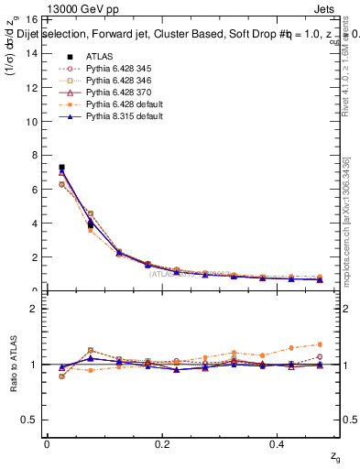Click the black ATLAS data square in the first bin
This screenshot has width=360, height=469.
tap(61, 168)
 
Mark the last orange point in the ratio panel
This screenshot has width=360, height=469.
tap(320, 344)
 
